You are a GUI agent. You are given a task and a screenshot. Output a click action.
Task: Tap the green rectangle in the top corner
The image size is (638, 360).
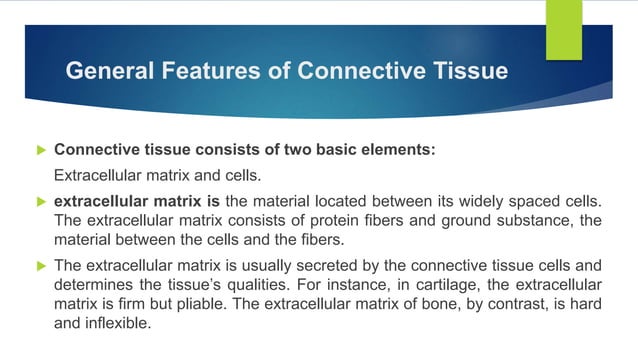pos(562,29)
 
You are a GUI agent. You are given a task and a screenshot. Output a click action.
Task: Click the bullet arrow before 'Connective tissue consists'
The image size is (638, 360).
pos(41,150)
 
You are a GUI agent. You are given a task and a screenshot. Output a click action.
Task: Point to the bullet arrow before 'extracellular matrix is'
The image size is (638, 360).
pos(41,200)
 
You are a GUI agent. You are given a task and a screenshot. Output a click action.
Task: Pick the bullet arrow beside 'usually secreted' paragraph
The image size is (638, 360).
pos(41,266)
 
